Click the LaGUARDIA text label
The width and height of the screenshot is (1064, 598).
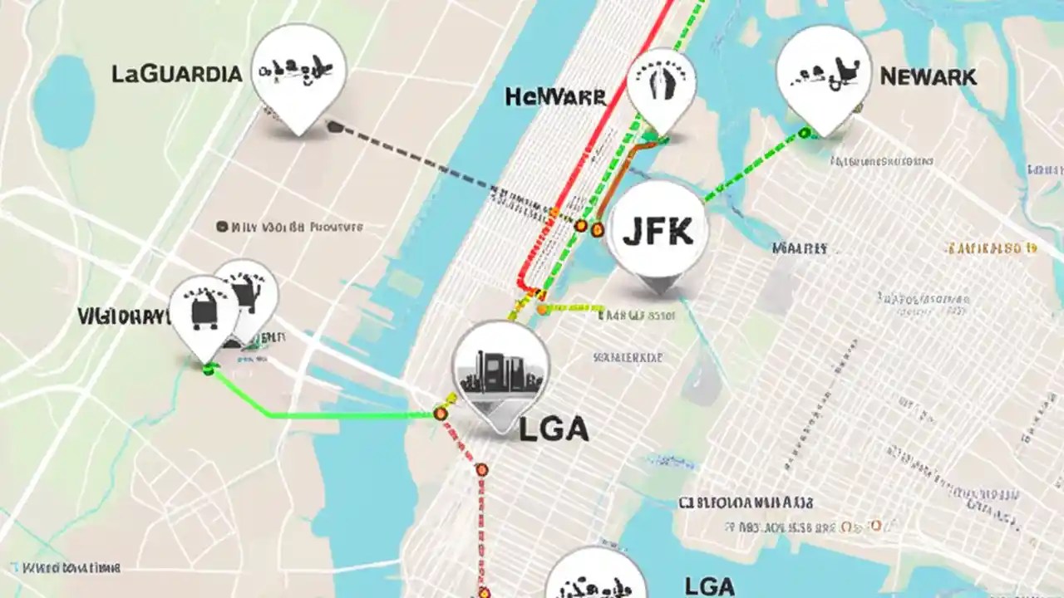click(176, 74)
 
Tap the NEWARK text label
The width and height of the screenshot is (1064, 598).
click(928, 77)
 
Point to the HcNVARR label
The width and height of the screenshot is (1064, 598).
click(555, 97)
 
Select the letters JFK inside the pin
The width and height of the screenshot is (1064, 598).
click(658, 232)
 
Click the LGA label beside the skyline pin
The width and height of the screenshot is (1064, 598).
click(553, 429)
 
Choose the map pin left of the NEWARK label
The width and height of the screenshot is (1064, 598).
click(824, 76)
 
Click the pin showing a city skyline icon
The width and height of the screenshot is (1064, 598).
click(500, 371)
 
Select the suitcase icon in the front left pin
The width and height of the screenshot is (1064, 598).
click(204, 309)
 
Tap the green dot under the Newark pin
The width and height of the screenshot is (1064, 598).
click(804, 132)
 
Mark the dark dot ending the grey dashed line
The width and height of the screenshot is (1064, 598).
click(334, 127)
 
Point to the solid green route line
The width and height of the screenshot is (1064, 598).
click(332, 414)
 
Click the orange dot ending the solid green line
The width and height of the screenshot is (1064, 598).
click(440, 413)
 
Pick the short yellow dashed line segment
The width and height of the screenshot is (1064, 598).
click(574, 308)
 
